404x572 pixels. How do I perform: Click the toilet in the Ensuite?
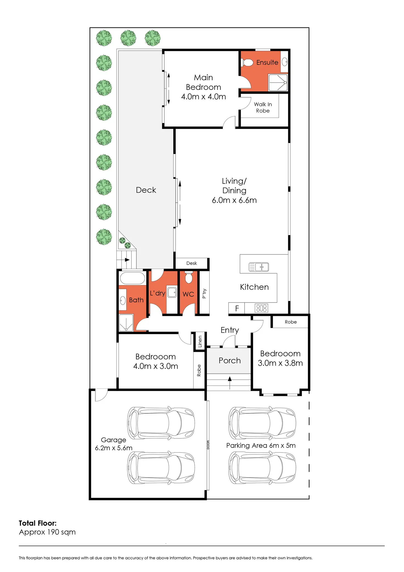click(x=248, y=62)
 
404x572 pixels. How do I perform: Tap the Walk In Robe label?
click(x=263, y=107)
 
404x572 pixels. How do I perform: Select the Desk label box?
click(x=192, y=263)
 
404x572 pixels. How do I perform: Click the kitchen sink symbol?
click(x=259, y=267)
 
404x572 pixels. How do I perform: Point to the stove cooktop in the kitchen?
click(x=261, y=308)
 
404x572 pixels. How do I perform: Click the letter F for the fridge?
click(x=237, y=308)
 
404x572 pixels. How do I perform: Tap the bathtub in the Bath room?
click(x=132, y=278)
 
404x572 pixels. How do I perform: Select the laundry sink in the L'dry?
click(x=172, y=292)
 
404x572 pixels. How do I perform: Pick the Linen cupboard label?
click(x=200, y=341)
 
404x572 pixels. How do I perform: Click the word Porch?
click(x=230, y=360)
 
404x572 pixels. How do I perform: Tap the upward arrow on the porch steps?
click(x=230, y=383)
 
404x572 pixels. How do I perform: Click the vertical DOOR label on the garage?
click(x=208, y=445)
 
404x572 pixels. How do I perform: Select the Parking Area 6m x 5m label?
click(x=261, y=445)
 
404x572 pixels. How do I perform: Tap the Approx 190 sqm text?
click(x=47, y=532)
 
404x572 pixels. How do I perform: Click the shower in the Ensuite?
click(x=278, y=82)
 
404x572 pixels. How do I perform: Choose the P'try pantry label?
click(x=204, y=293)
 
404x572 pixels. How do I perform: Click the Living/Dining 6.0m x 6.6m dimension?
click(x=234, y=200)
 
